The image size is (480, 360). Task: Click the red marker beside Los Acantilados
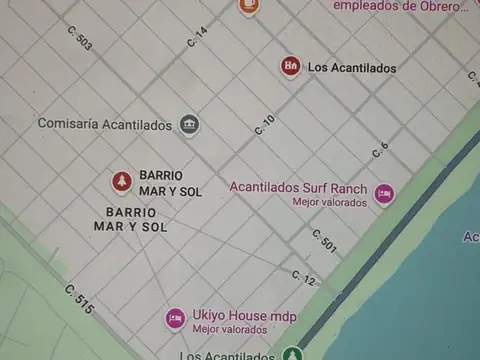click(290, 67)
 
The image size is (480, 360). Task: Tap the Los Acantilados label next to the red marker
click(351, 68)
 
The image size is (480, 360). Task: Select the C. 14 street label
click(197, 38)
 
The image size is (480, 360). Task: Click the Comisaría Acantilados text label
click(104, 124)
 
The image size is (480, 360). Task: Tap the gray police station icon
click(188, 124)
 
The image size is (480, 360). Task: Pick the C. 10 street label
click(264, 125)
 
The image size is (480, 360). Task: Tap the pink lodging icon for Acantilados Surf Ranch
click(384, 193)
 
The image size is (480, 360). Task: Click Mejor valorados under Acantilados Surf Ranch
click(329, 201)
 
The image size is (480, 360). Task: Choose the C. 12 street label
click(303, 277)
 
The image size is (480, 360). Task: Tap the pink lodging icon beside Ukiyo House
click(175, 319)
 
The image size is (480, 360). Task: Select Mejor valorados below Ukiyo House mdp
click(229, 329)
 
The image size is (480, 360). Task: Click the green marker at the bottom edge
click(291, 354)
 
